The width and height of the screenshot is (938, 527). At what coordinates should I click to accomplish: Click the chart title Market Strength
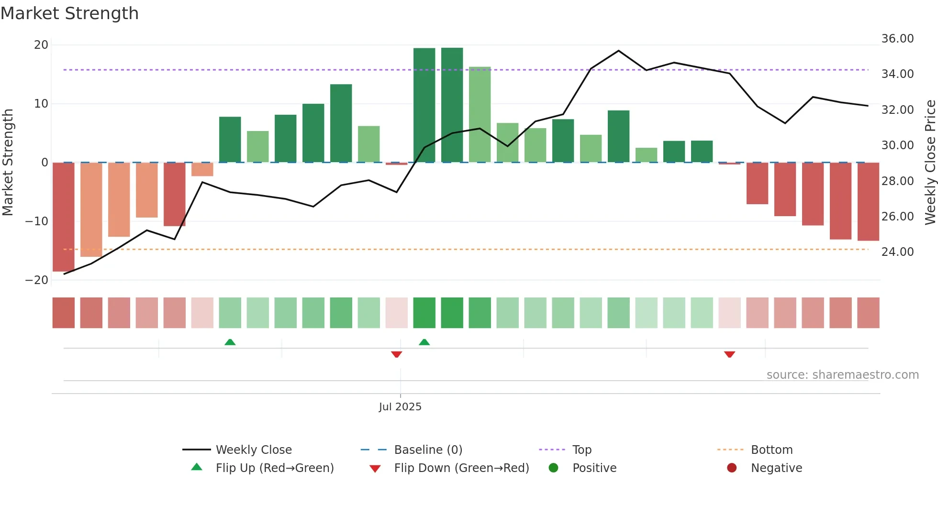tap(69, 13)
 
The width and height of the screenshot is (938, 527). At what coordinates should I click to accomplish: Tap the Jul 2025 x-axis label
tap(400, 407)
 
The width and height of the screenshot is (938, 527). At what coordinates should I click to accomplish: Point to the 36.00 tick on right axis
tap(897, 39)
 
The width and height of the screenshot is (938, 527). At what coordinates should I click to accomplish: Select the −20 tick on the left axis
tap(37, 280)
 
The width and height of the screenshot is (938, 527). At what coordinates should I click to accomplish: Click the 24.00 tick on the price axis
tap(897, 252)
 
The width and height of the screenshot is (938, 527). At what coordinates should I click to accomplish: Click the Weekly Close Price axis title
tap(930, 163)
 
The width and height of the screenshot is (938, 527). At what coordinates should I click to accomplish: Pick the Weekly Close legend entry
tap(253, 450)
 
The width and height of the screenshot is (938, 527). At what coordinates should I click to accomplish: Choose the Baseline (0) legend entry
tap(428, 450)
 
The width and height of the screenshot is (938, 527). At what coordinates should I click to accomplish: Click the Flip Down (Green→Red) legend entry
tap(461, 468)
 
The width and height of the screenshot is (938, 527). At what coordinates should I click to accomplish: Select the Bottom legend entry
tap(771, 450)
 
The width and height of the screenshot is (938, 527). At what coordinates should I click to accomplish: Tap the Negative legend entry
tap(776, 468)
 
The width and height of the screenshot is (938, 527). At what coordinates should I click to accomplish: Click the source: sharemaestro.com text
tap(842, 375)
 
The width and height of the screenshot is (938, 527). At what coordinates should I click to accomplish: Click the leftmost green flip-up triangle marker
tap(230, 342)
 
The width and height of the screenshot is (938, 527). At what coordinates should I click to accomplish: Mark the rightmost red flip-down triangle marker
tap(729, 354)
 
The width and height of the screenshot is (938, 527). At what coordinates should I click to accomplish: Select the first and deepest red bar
tap(64, 217)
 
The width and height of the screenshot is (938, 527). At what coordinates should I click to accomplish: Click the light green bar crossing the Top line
tap(480, 115)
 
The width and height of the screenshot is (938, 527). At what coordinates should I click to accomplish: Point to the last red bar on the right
tap(868, 201)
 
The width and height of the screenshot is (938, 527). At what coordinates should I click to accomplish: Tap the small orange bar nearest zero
tap(202, 169)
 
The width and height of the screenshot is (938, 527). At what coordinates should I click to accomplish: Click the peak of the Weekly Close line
tap(618, 51)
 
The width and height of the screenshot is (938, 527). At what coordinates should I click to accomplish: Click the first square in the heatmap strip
tap(64, 313)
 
